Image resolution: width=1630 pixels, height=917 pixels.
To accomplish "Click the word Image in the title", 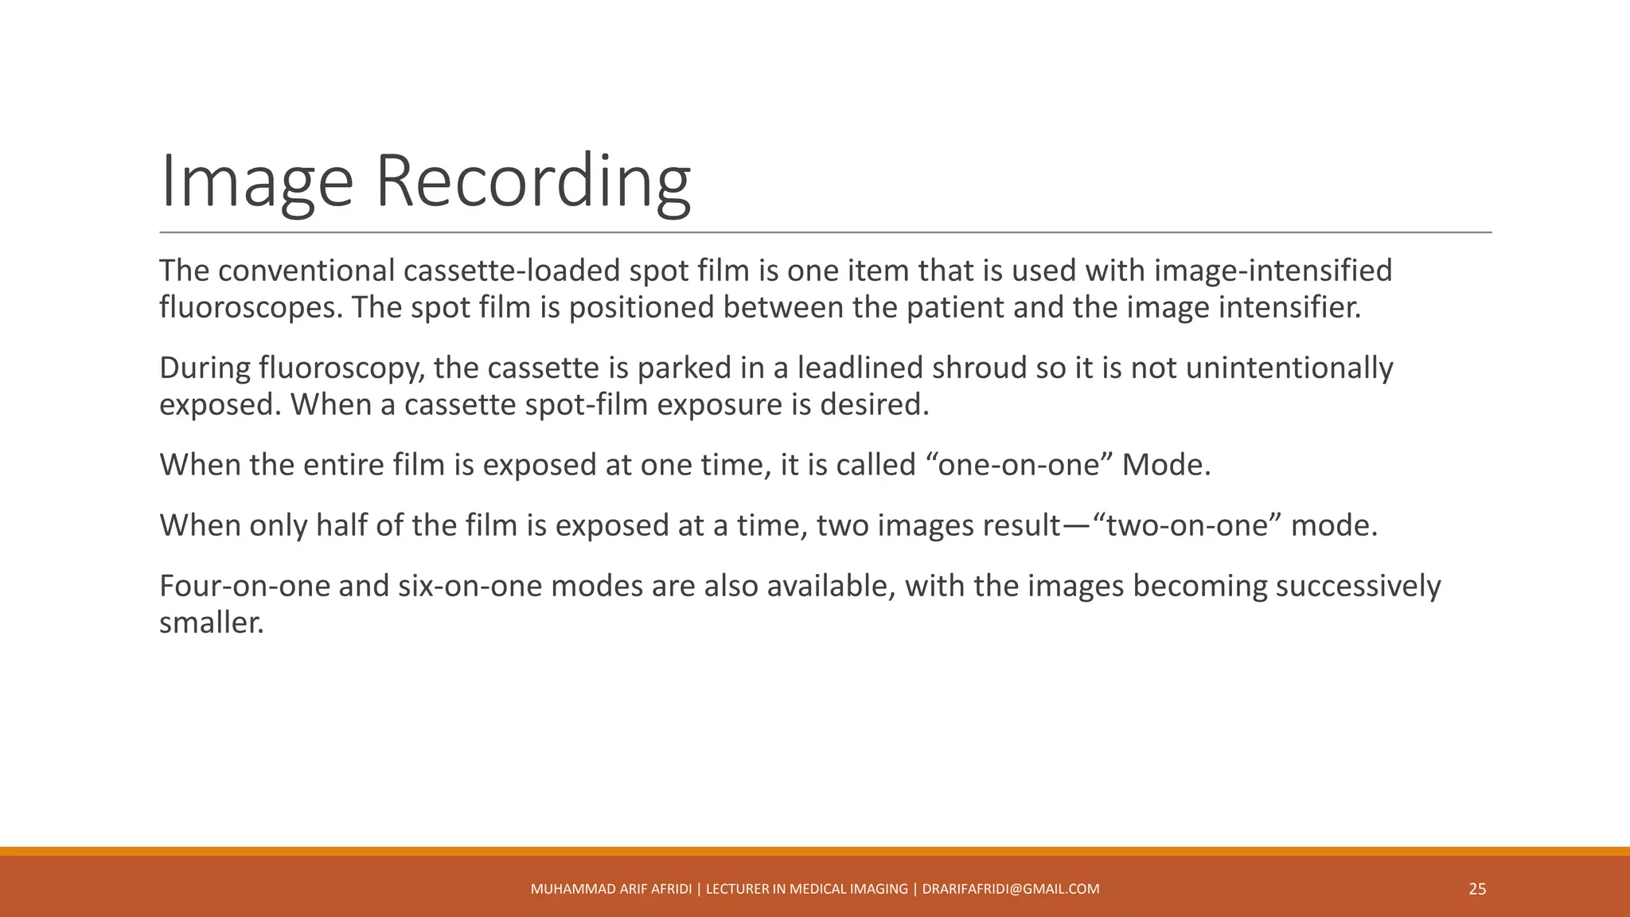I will tap(256, 181).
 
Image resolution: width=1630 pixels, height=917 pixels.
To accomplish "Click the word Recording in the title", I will tap(532, 181).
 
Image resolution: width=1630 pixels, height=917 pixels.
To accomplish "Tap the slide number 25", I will tap(1477, 889).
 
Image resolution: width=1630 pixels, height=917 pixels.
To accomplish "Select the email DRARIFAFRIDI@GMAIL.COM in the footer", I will tap(1011, 889).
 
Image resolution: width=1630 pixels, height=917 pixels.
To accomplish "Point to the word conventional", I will tap(306, 271).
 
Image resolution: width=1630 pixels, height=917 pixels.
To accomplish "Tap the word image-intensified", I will tap(1273, 271).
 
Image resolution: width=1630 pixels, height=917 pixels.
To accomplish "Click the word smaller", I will tap(210, 622).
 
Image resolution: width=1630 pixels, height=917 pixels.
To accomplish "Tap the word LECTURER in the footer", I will tap(738, 889).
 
